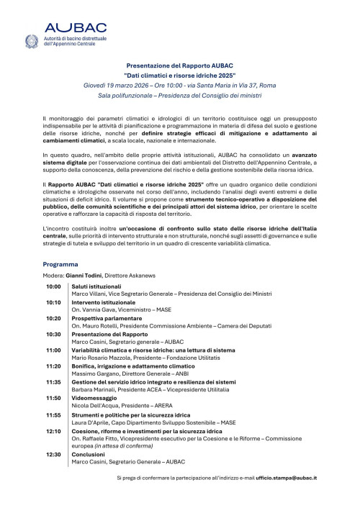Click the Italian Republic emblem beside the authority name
[x=32, y=42]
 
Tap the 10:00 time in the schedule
[x=53, y=286]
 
